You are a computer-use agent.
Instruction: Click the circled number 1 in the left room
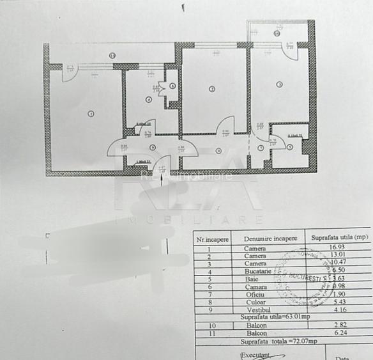91,114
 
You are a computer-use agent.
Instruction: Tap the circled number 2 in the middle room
211,89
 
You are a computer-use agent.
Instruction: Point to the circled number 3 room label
279,84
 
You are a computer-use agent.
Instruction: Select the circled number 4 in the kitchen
148,99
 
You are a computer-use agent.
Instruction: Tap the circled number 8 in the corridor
217,151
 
